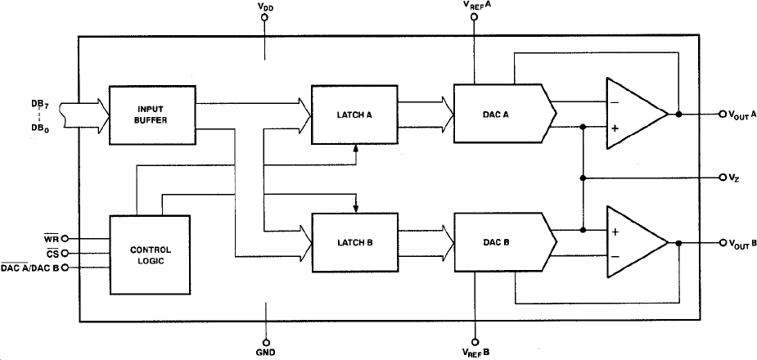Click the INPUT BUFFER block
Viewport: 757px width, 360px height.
point(151,114)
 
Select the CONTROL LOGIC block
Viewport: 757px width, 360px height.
point(150,254)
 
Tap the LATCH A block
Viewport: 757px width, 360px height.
point(354,115)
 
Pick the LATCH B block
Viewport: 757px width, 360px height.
point(354,243)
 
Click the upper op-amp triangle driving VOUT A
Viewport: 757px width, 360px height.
point(634,114)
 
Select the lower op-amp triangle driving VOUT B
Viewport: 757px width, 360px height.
point(634,243)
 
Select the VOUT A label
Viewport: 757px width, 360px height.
point(741,115)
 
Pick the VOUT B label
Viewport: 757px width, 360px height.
point(741,244)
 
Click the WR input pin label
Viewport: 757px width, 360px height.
point(49,239)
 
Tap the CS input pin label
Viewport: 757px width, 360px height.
point(50,254)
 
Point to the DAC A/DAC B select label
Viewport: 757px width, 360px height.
point(28,268)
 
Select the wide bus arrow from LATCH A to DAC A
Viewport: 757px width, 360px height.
point(425,115)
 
